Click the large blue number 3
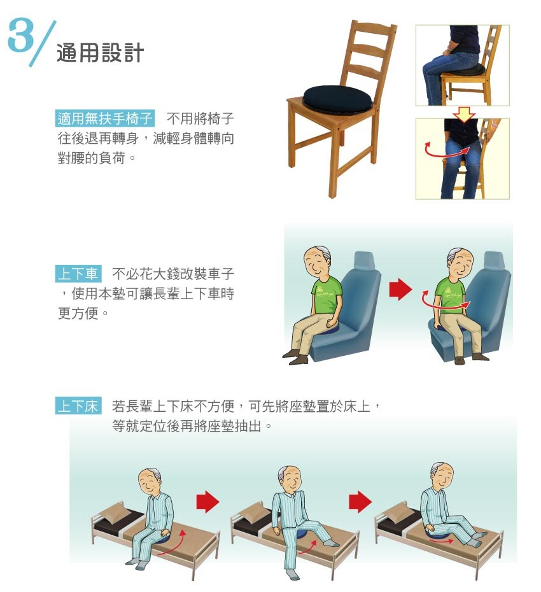[21, 36]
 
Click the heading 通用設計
[100, 53]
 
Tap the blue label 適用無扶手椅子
[105, 118]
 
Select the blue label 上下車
[78, 273]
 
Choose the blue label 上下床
[78, 406]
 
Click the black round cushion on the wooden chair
[337, 99]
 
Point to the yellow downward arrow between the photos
[463, 114]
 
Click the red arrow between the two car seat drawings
[400, 289]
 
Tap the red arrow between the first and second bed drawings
[207, 502]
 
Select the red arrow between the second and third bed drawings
[360, 502]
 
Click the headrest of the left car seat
[363, 260]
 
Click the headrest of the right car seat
[494, 260]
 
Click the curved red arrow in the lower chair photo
[447, 150]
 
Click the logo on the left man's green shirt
[320, 290]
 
